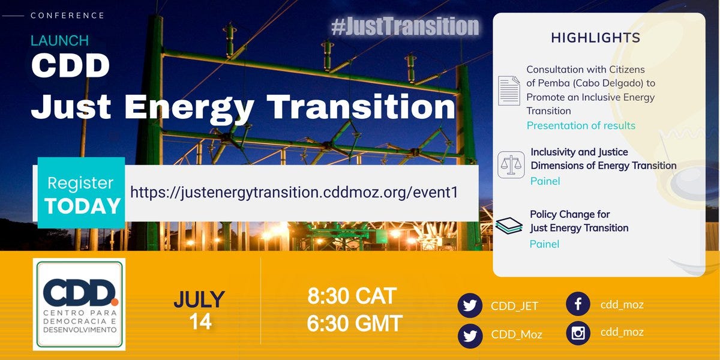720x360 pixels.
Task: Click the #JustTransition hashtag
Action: [x=405, y=26]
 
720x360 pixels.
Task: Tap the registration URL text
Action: [x=294, y=192]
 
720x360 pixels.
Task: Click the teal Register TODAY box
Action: [x=82, y=193]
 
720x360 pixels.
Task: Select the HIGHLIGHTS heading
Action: [x=595, y=38]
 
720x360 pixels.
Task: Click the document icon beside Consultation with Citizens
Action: [x=509, y=91]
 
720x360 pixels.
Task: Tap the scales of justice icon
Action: [x=511, y=165]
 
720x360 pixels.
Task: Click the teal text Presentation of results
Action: [x=581, y=125]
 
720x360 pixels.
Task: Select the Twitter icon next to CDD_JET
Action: [x=470, y=305]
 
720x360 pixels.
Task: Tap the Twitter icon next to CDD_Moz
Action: [x=470, y=335]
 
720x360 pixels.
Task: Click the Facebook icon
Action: [x=578, y=304]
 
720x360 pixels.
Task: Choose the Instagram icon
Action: [x=578, y=332]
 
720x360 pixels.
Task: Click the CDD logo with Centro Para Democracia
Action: [x=79, y=304]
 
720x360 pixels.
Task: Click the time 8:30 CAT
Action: [x=352, y=296]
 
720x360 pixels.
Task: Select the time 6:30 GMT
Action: [x=354, y=324]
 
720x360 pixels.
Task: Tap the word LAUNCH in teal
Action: [x=60, y=41]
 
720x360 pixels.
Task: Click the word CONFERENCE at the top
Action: [x=67, y=16]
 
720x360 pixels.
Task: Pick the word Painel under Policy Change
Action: [x=544, y=244]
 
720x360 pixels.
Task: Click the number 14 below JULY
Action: [x=200, y=322]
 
